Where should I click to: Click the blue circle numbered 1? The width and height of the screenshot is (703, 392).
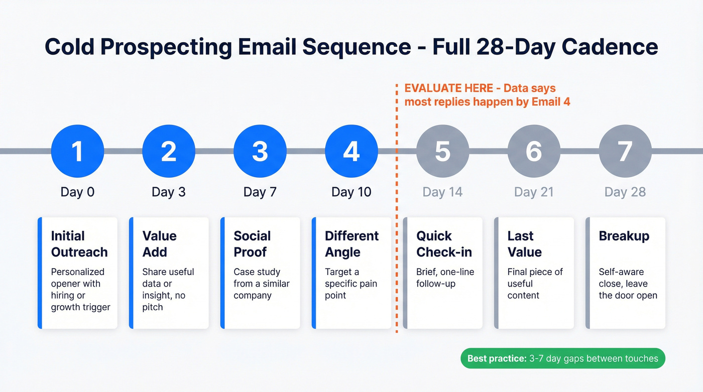click(x=77, y=151)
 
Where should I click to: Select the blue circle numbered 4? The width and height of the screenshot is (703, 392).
click(x=351, y=151)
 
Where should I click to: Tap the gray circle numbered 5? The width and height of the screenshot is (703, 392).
click(x=442, y=151)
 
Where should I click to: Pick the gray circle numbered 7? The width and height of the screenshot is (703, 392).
click(x=625, y=151)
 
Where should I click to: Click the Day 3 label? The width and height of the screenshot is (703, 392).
click(x=168, y=192)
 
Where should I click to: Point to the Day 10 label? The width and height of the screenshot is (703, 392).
click(x=351, y=192)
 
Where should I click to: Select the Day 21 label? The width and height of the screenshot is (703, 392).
click(x=533, y=192)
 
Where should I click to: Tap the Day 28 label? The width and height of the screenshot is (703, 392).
click(x=625, y=192)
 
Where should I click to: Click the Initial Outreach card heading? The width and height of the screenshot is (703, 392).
click(x=79, y=244)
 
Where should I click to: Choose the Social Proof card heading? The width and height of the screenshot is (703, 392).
click(x=252, y=244)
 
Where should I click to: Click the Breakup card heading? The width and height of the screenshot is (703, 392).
click(x=624, y=236)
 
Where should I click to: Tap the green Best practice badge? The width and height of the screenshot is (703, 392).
click(x=562, y=358)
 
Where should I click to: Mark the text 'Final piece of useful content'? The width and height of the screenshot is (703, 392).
click(x=535, y=284)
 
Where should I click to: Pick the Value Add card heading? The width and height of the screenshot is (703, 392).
click(x=159, y=244)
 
